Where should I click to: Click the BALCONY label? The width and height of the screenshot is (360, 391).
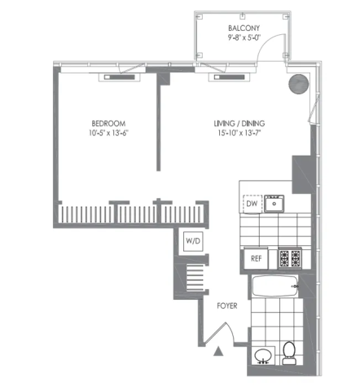244,28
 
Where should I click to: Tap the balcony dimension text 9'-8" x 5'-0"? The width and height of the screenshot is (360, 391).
244,37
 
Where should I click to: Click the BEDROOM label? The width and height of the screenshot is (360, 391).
108,124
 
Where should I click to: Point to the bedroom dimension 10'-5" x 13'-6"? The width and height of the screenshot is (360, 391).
108,133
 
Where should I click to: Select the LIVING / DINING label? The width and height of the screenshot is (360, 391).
239,124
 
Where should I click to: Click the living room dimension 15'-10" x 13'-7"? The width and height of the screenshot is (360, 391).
239,133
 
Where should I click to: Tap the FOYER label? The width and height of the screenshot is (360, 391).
227,305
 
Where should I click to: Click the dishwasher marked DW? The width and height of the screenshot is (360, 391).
252,204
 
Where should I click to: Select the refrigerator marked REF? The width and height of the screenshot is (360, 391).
256,258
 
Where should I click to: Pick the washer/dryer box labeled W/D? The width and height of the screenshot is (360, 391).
193,241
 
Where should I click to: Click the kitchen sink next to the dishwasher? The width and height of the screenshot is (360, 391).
274,204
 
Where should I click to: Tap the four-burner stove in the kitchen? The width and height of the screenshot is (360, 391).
290,258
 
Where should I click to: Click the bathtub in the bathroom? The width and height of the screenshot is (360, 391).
275,286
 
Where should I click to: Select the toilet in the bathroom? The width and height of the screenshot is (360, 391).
289,353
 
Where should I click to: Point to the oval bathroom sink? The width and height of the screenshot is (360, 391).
263,356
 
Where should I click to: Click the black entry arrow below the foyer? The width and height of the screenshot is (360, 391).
218,351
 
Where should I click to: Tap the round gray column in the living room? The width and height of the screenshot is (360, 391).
299,84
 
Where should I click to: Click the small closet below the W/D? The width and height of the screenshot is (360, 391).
195,278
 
